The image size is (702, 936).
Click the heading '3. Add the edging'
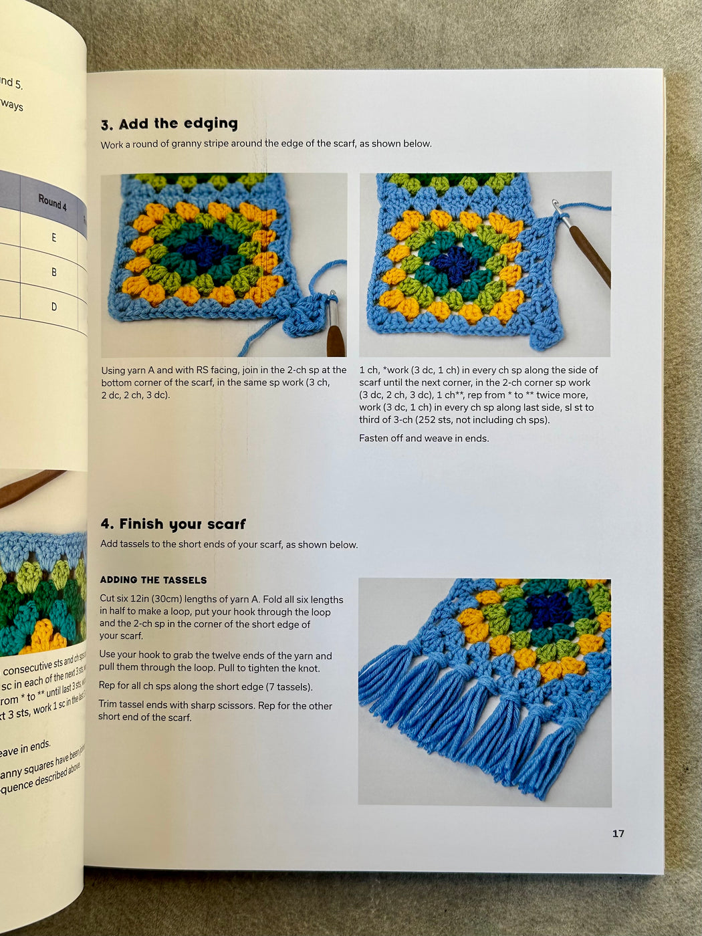pos(169,124)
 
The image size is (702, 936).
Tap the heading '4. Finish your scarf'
pos(173,524)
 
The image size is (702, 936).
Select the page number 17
pos(618,833)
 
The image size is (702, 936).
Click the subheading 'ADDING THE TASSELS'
pos(153,580)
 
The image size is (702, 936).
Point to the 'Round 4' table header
pos(53,202)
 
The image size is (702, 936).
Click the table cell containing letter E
pos(54,237)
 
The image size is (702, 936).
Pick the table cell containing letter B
pos(54,272)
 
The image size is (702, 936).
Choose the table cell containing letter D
pos(54,307)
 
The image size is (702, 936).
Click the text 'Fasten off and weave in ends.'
pos(424,439)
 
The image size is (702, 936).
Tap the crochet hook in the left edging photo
pos(334,328)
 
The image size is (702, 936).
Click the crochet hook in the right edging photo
pos(588,251)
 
